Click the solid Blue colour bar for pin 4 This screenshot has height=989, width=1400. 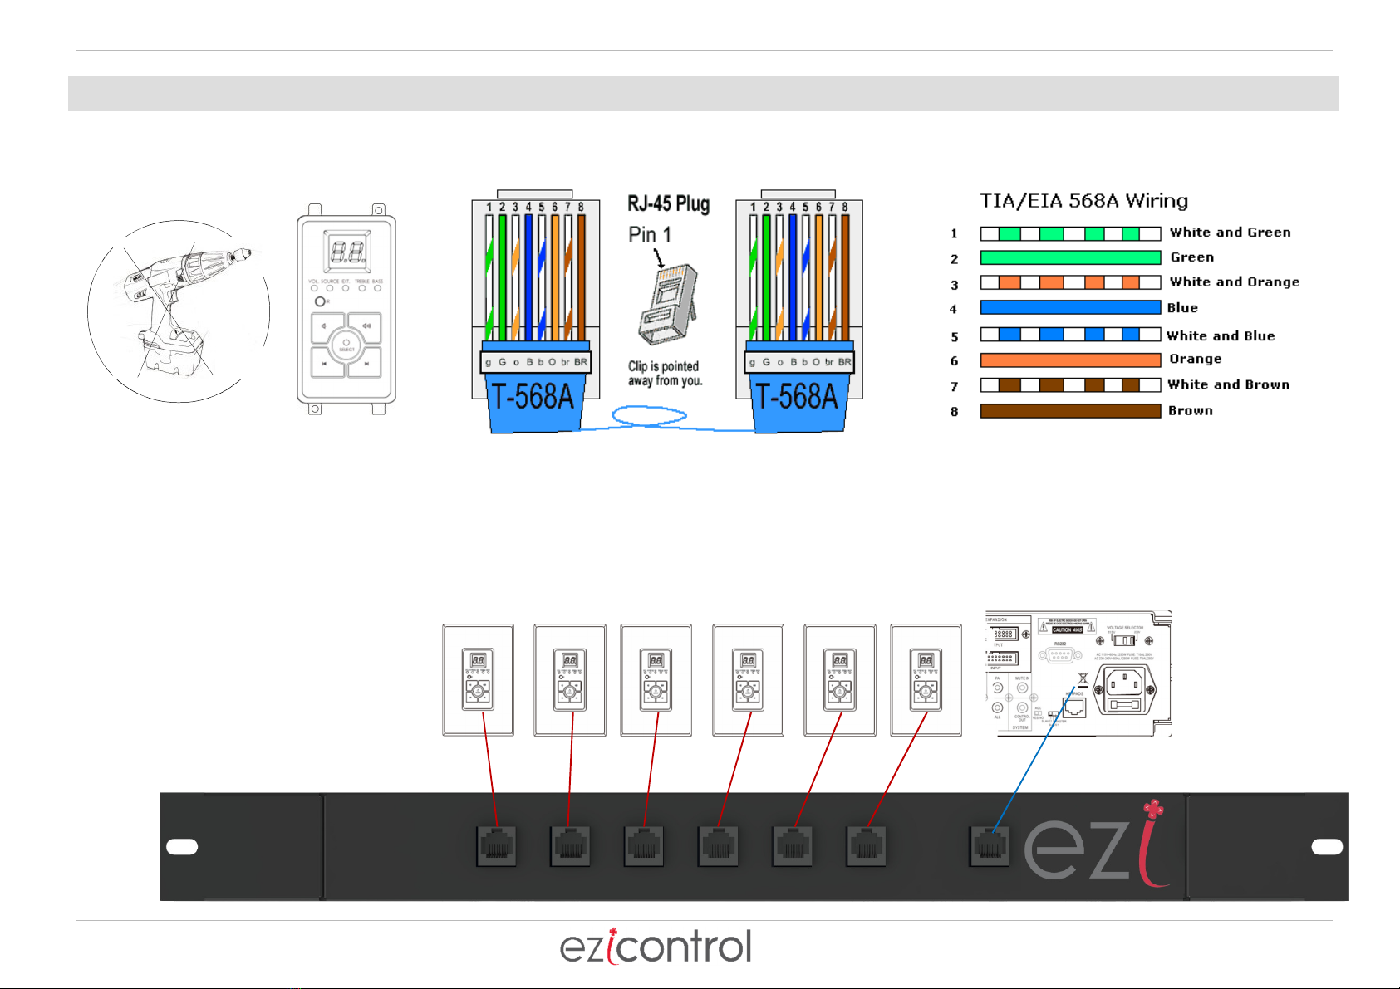(1070, 307)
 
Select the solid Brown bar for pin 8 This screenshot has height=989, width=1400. (1070, 410)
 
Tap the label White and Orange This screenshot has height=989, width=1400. (1234, 282)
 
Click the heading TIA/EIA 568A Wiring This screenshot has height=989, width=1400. (1083, 201)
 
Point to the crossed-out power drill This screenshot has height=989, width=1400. (178, 311)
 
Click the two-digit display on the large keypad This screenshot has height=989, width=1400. (346, 250)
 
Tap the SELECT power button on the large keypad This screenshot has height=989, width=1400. (346, 345)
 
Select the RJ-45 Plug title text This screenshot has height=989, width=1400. (668, 204)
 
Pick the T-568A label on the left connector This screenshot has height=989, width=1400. (533, 397)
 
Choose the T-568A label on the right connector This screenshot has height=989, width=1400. (796, 397)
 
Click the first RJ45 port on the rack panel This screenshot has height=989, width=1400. (496, 846)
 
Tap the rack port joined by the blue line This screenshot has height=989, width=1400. (989, 846)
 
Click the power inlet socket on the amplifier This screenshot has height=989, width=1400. (1126, 690)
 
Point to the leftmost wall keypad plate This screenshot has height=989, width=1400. (478, 680)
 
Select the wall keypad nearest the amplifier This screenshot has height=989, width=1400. (926, 680)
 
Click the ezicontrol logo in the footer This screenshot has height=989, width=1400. (656, 947)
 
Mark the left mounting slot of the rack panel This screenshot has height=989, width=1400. (182, 846)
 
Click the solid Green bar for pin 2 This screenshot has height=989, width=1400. (1070, 257)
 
